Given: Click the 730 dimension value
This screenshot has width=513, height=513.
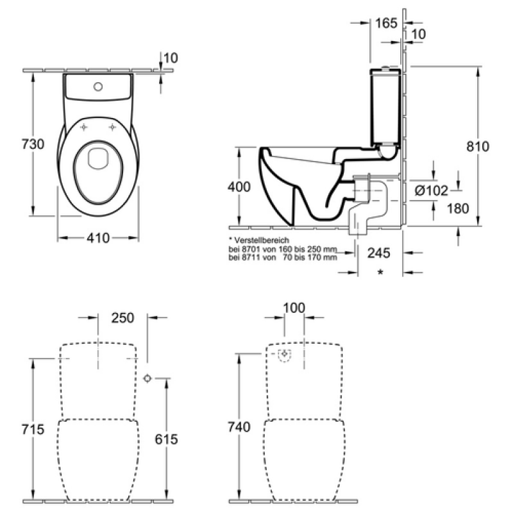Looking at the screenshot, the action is pos(33,144).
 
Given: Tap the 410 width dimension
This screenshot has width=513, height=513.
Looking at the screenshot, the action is pos(98,238).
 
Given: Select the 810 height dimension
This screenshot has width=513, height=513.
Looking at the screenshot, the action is pos(478,146).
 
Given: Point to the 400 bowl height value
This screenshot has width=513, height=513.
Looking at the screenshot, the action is pos(239,187).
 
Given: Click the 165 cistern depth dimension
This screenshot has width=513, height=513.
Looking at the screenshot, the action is pos(386,23).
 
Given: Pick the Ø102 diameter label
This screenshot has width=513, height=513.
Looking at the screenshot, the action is pos(432,190).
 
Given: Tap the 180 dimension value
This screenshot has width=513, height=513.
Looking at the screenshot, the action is pos(458,208).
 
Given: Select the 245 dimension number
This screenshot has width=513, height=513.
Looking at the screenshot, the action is pos(379,253).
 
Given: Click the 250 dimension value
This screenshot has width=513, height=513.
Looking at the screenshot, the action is pos(122,318).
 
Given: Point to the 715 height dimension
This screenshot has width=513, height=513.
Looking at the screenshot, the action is pos(33,429).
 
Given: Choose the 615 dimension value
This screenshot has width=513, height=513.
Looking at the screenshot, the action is pos(166,439).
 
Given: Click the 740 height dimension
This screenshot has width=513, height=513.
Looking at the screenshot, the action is pos(239,427).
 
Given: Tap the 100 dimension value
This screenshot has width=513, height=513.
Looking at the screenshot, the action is pos(294,308).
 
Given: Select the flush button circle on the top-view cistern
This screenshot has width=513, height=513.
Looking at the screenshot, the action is pos(98,87).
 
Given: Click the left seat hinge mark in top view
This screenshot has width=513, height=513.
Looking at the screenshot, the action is pos(84,127).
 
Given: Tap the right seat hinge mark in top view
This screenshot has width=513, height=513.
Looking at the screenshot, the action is pos(112,127).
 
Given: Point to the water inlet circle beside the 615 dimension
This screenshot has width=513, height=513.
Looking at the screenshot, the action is pos(147,378).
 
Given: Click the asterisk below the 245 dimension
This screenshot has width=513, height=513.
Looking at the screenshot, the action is pos(380,272).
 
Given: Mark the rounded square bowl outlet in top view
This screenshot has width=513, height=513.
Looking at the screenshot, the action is pos(98,158).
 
